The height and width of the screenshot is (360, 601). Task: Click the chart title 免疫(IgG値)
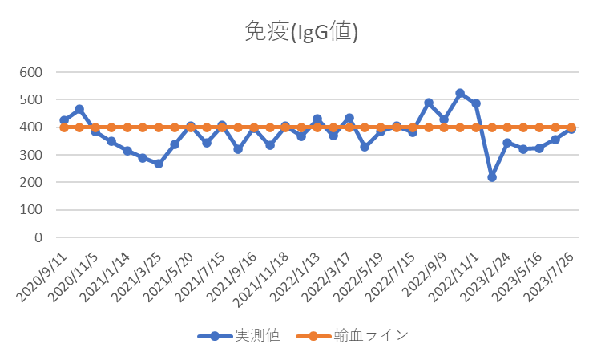click(300, 32)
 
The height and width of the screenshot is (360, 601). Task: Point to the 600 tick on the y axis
click(30, 72)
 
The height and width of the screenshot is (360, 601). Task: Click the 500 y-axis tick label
click(30, 100)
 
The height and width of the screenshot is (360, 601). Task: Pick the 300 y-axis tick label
click(30, 155)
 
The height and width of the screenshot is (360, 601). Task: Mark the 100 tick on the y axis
click(30, 210)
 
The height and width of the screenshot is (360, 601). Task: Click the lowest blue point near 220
click(491, 176)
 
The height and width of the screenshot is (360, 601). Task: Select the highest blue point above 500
click(460, 93)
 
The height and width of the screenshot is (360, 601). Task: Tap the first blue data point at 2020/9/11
click(63, 120)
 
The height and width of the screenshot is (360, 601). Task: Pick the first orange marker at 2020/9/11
click(63, 127)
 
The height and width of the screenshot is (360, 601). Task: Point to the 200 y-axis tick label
click(30, 183)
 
